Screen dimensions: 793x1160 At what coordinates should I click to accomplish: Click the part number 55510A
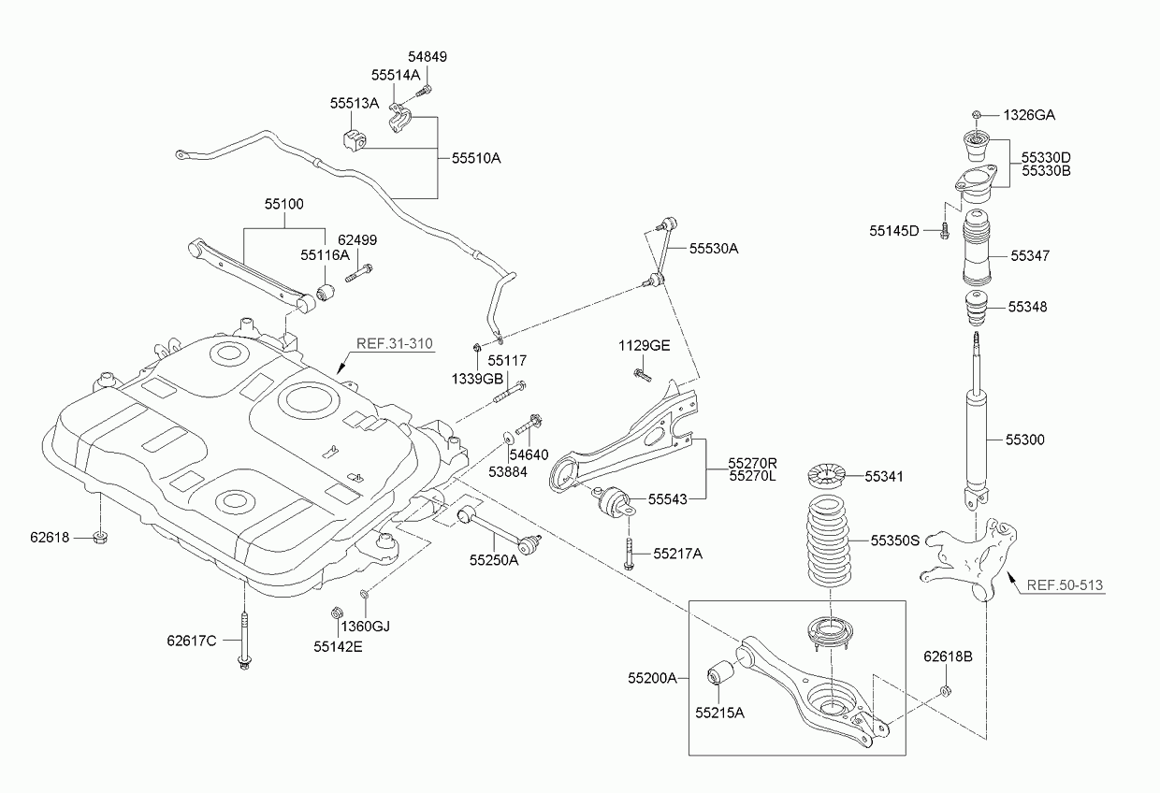476,159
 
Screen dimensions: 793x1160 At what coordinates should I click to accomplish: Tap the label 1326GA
1029,115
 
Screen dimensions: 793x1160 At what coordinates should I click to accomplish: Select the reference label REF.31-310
396,343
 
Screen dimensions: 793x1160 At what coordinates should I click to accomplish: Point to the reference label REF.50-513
1065,585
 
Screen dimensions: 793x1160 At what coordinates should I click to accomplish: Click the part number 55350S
895,541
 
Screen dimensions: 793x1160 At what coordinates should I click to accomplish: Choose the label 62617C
192,641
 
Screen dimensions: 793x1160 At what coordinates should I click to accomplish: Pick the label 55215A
719,713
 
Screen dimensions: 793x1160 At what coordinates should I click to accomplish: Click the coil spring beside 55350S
827,542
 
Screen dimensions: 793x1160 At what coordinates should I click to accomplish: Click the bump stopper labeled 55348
975,308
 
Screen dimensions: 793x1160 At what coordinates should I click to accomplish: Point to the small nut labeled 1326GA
976,115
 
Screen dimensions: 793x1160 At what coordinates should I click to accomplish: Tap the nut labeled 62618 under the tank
100,538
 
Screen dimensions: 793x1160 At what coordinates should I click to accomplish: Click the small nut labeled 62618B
946,690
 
